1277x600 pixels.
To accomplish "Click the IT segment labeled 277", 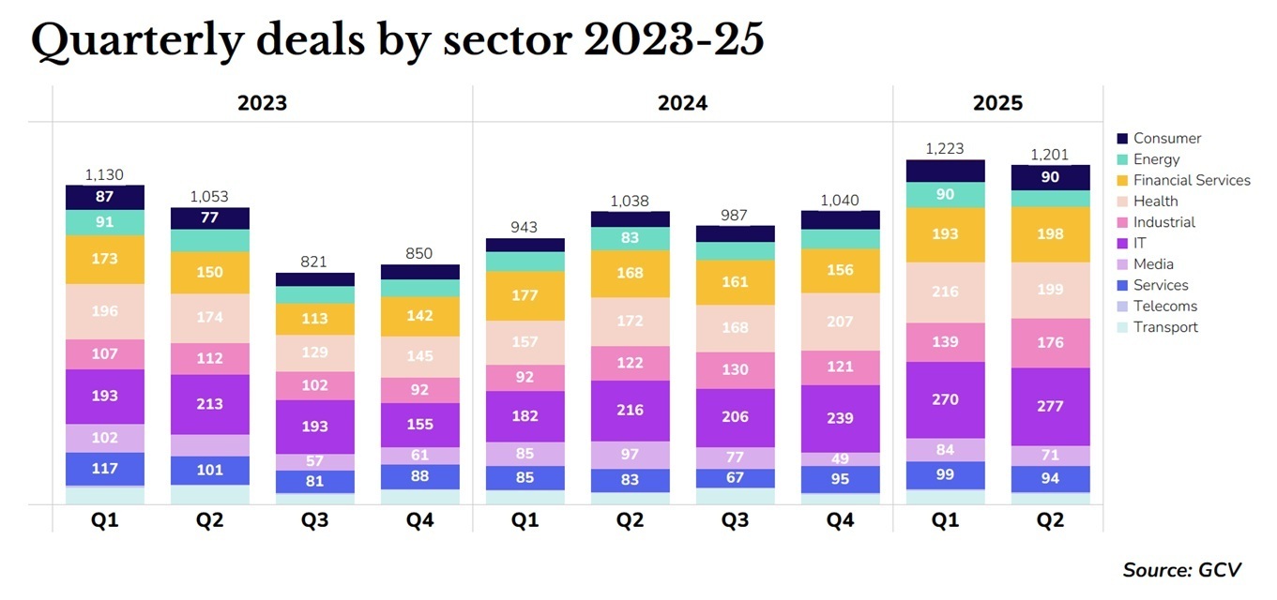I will [1049, 406].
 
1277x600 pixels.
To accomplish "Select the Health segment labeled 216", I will [945, 292].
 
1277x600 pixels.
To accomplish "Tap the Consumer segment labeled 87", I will [105, 197].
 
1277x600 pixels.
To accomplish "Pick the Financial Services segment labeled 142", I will [419, 316].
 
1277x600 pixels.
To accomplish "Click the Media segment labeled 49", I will [840, 458].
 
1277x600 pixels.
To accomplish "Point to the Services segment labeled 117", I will [105, 468].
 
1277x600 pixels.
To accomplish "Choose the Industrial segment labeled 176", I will [1049, 342].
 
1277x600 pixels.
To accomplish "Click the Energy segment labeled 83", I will [630, 238].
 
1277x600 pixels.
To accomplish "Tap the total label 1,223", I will [944, 148].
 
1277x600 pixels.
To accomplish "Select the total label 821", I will [314, 262].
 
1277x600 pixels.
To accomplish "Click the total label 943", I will [524, 227].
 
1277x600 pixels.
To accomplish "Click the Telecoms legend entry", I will [1164, 306].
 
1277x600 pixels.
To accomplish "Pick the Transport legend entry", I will [1165, 327].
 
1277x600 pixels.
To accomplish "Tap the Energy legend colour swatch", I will [1122, 159].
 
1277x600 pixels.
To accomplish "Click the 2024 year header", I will [682, 103].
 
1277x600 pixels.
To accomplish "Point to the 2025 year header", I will [997, 103].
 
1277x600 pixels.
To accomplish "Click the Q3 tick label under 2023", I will [314, 520].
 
